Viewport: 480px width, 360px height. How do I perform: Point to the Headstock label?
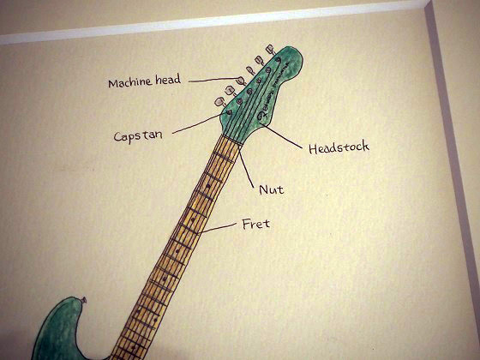coord(339,147)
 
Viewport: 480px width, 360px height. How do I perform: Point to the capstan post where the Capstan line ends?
coord(229,111)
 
